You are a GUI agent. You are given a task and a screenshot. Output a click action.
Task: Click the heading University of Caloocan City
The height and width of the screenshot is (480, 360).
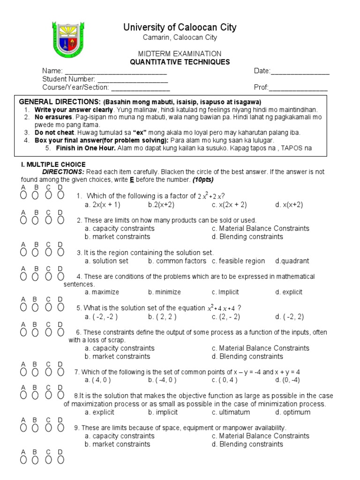coord(180,27)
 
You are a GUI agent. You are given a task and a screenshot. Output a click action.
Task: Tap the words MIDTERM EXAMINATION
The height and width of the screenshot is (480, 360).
coord(180,54)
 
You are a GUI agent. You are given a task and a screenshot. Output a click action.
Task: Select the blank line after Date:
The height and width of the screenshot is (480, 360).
coord(300,71)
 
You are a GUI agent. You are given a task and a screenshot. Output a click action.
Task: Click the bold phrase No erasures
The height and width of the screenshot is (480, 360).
coord(52,117)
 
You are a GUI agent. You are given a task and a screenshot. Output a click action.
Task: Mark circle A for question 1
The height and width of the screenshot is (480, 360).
coord(23,195)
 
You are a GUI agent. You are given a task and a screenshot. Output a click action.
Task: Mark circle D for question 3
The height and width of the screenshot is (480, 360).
coord(60,252)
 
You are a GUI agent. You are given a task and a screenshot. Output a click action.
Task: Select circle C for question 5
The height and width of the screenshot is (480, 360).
coord(48,307)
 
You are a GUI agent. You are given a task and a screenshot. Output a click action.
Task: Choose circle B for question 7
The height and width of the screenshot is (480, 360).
coord(36,372)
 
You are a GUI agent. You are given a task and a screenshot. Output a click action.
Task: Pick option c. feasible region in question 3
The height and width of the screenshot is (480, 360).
coord(238,261)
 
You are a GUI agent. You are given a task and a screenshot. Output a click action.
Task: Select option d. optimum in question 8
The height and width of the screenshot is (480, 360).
coord(293,412)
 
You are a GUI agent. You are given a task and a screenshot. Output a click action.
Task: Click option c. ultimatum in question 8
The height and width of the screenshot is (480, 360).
coord(231,412)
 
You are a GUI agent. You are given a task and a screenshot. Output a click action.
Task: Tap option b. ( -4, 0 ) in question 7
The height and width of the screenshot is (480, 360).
coord(162,380)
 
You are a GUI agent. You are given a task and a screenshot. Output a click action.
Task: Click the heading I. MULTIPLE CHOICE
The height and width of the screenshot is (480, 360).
coord(53,165)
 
